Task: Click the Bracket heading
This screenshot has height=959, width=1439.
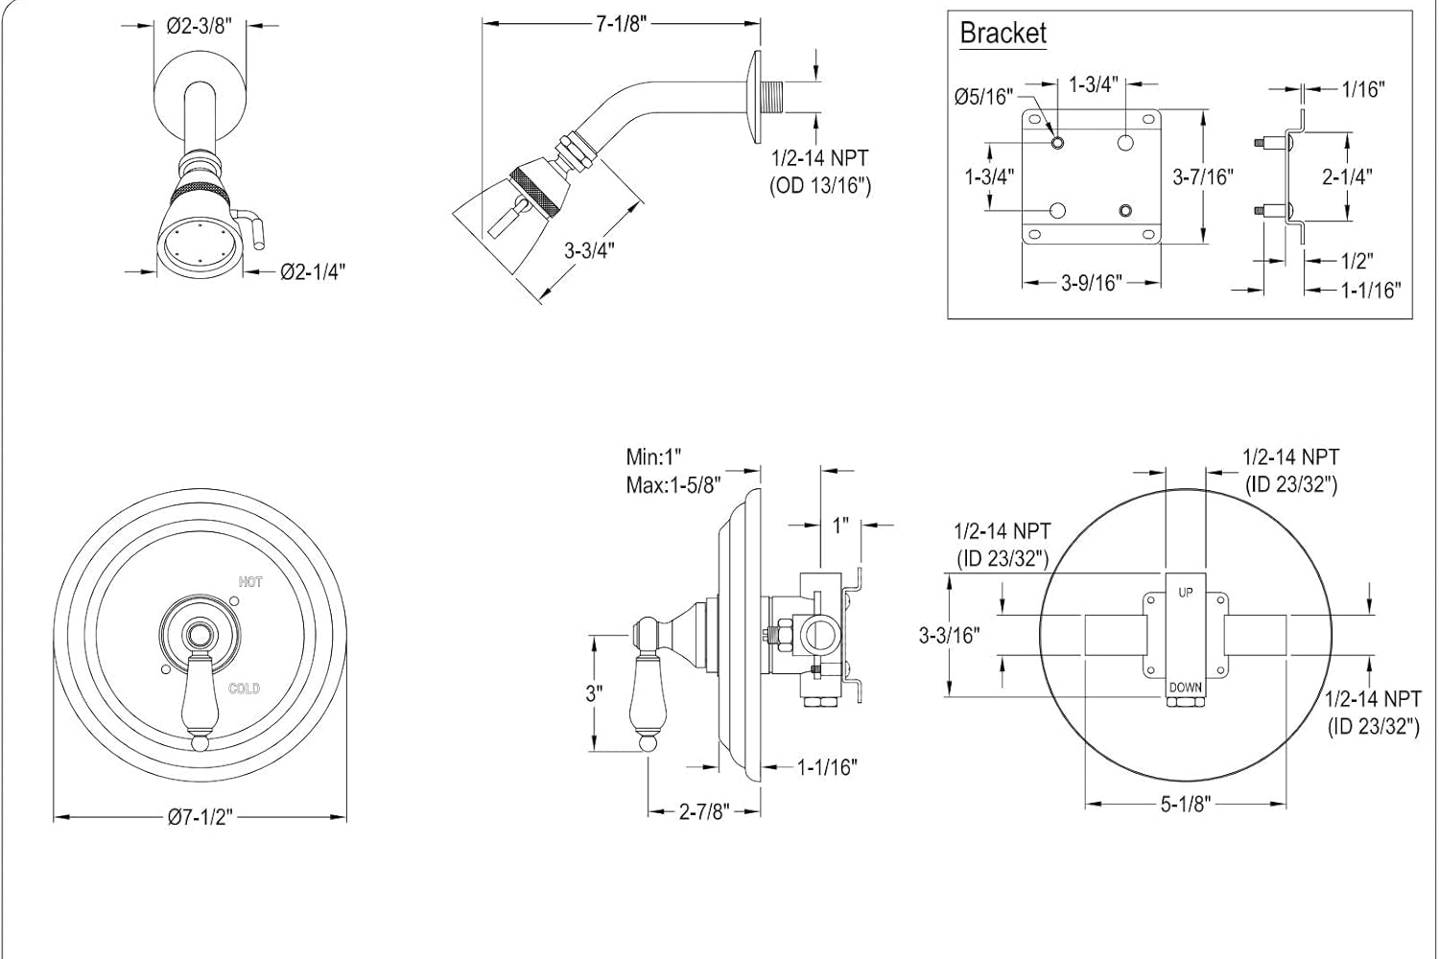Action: [x=1003, y=34]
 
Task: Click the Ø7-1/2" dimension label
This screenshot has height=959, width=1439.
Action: [x=201, y=817]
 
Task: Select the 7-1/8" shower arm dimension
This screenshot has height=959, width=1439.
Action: [x=616, y=24]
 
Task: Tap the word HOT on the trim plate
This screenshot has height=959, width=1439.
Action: [x=250, y=582]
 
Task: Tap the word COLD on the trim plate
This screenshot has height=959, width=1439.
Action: [x=244, y=689]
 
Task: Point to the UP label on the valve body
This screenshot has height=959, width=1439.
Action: [x=1186, y=593]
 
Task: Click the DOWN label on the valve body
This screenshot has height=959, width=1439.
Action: [x=1186, y=688]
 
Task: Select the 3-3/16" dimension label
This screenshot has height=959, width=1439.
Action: [x=949, y=635]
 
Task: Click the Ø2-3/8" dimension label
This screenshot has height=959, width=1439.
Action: [x=201, y=27]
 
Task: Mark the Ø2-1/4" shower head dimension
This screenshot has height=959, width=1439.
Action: [x=312, y=272]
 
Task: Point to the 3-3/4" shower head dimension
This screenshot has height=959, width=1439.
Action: [x=589, y=250]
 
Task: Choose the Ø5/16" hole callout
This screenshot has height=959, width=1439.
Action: [x=983, y=96]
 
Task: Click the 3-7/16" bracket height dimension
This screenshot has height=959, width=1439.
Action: [x=1203, y=176]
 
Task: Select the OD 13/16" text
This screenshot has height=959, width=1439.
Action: [x=821, y=185]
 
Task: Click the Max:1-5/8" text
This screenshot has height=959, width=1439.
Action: [x=673, y=485]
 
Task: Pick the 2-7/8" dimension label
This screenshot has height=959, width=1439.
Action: [x=705, y=811]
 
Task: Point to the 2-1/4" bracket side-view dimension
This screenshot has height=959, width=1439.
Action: [x=1347, y=176]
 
